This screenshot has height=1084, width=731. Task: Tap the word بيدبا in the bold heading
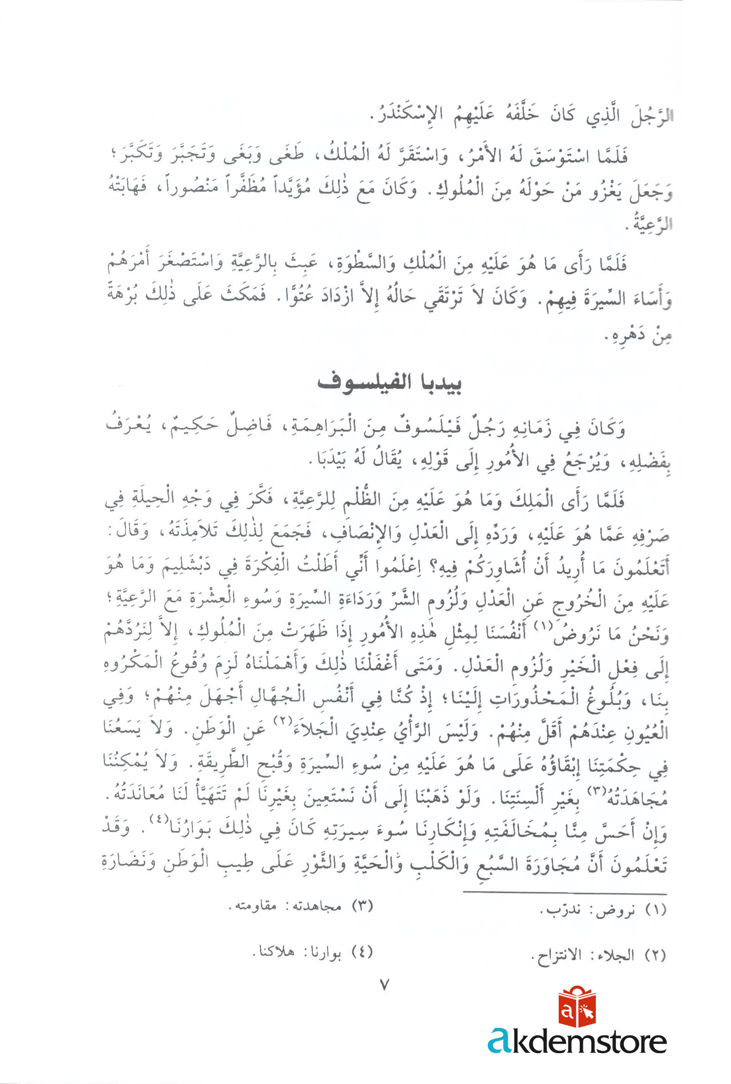[x=435, y=383]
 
